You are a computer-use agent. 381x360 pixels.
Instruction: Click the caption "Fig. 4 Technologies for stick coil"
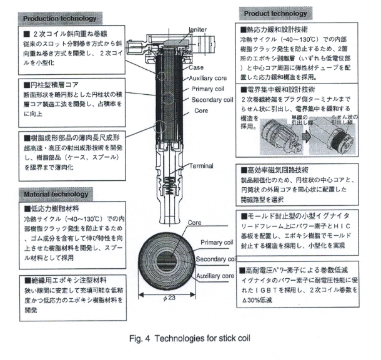coord(190,337)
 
